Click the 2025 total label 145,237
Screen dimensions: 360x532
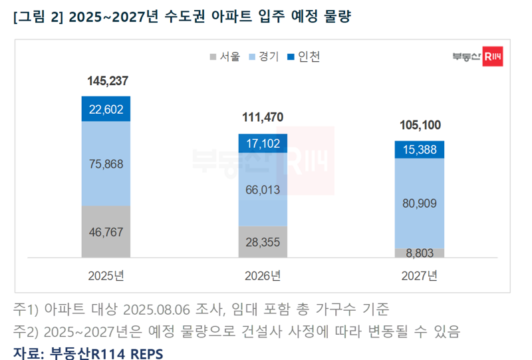click(x=107, y=81)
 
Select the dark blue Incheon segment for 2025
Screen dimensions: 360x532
click(x=106, y=109)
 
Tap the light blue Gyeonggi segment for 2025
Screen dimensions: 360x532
click(x=106, y=164)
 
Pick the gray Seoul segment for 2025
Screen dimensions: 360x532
click(x=106, y=232)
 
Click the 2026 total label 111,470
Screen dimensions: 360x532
click(x=263, y=118)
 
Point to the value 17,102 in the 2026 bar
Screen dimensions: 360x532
click(x=263, y=143)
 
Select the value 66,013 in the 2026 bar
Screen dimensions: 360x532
click(x=263, y=190)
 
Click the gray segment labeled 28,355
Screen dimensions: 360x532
click(x=263, y=241)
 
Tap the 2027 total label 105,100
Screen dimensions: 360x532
click(x=420, y=124)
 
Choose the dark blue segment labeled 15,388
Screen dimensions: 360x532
click(x=420, y=150)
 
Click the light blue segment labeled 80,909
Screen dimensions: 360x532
click(x=420, y=204)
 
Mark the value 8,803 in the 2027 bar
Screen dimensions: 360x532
click(x=420, y=253)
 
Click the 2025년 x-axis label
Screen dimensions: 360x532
click(x=106, y=275)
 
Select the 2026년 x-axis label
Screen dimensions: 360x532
click(x=263, y=275)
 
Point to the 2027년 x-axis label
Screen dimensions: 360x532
click(x=420, y=275)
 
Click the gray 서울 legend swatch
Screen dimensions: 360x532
click(x=213, y=57)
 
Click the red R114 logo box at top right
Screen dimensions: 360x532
click(x=493, y=58)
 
